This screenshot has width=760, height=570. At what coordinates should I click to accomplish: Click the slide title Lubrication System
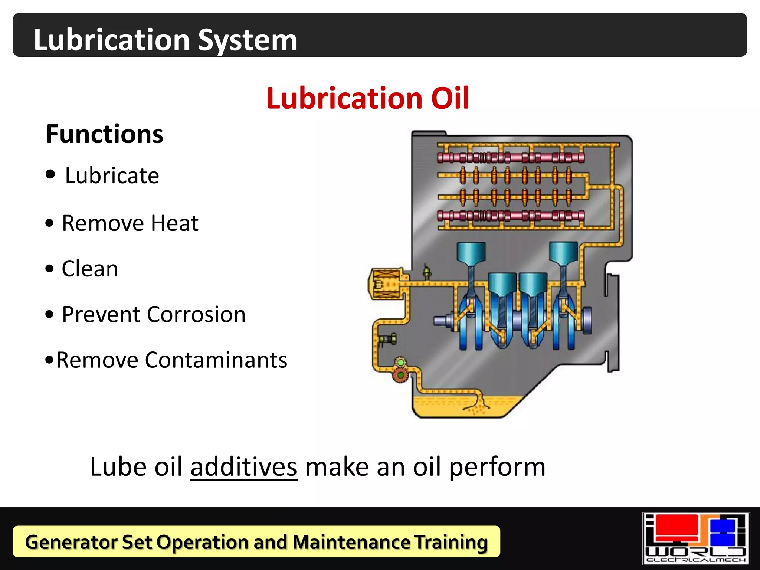[165, 40]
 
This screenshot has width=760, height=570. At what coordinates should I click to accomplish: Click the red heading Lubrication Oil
[368, 98]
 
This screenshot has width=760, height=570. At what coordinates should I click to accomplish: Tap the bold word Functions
[105, 134]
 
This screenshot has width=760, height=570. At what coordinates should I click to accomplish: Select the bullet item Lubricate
[112, 176]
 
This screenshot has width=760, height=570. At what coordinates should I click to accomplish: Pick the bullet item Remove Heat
[130, 223]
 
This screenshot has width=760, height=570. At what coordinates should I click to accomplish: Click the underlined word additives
[244, 466]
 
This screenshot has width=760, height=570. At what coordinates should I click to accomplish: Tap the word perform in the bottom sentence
[497, 466]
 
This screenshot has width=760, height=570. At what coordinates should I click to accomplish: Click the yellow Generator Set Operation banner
[256, 542]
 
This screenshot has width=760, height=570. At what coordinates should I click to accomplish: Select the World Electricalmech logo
[696, 538]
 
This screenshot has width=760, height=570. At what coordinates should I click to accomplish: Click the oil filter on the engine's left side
[386, 284]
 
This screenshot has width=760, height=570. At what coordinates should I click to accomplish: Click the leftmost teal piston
[471, 252]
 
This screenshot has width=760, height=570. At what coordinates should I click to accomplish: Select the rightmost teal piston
[563, 252]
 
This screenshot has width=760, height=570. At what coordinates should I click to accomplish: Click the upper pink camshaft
[511, 157]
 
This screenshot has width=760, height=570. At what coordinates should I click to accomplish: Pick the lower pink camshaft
[511, 215]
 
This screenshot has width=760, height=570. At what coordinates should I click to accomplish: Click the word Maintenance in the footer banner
[351, 542]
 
